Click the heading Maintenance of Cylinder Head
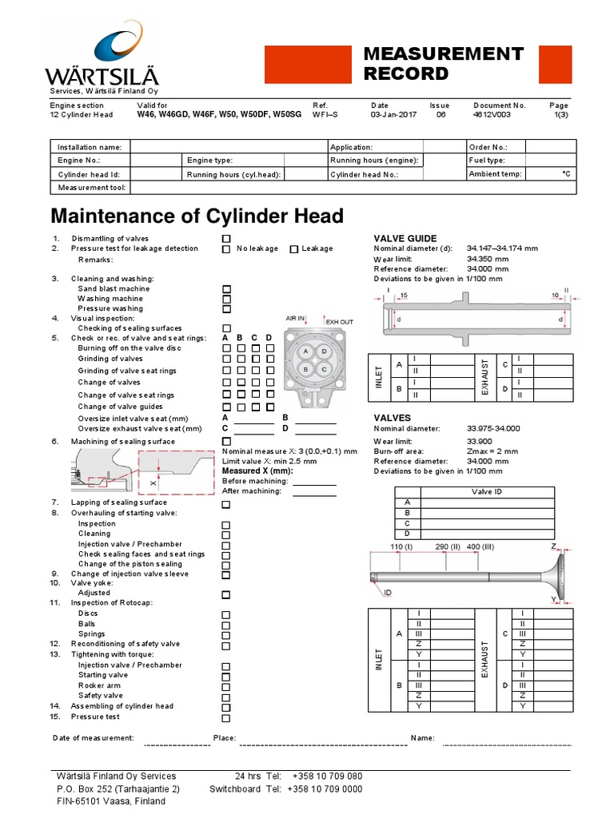click(x=197, y=216)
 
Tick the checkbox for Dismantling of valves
click(x=226, y=239)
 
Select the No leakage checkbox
click(x=226, y=249)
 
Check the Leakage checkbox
click(x=293, y=249)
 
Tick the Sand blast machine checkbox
click(x=226, y=289)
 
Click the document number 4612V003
click(x=491, y=114)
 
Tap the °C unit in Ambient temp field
click(x=566, y=173)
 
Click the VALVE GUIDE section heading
click(x=405, y=238)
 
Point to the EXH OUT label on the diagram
click(x=340, y=321)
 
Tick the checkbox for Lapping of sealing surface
click(x=226, y=505)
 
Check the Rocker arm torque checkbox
click(x=226, y=685)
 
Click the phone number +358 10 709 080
click(x=327, y=776)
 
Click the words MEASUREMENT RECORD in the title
click(x=443, y=64)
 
